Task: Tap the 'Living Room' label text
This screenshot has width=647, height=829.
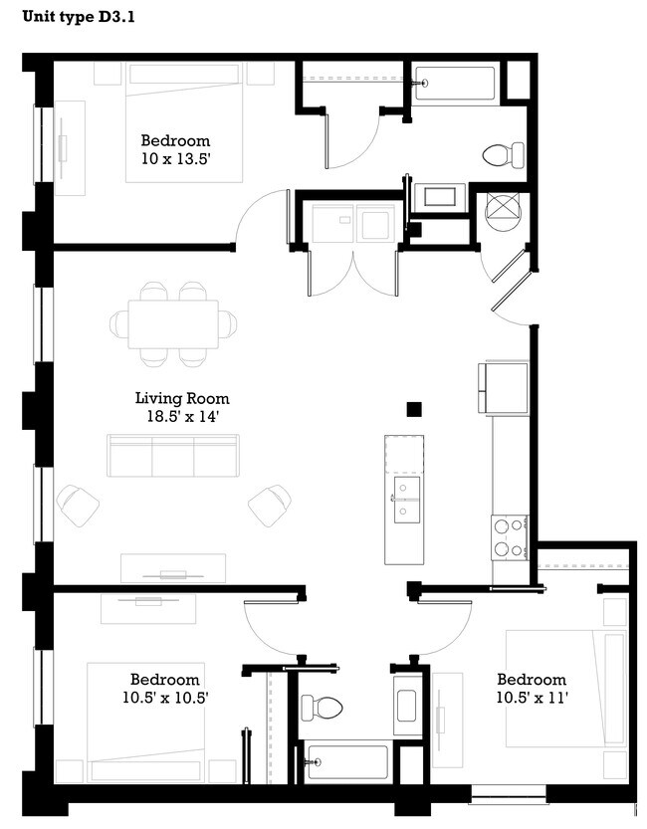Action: [175, 399]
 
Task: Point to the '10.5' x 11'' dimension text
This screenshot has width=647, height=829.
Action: [532, 698]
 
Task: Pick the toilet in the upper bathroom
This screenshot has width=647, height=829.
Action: [503, 154]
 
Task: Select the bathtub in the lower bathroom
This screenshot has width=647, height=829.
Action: [346, 763]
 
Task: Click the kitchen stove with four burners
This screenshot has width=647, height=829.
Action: [509, 536]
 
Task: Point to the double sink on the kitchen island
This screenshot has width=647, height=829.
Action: [408, 499]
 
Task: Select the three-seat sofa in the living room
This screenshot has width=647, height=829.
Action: [174, 456]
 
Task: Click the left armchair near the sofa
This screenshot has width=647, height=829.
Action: [79, 504]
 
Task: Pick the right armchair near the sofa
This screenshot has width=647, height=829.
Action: [270, 504]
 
